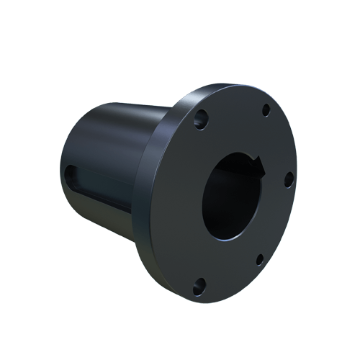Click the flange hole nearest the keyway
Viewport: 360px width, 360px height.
pyautogui.click(x=288, y=177)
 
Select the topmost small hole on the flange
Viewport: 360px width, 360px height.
pyautogui.click(x=266, y=109)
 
